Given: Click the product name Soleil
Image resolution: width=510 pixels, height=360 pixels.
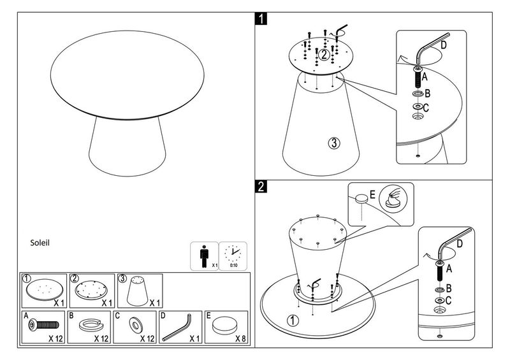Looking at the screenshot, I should (40, 243).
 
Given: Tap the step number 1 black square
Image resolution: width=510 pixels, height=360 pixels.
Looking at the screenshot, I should (261, 17).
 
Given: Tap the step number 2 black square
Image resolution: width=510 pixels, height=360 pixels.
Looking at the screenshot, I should (261, 187).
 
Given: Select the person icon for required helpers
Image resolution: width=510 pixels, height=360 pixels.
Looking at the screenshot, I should (204, 256).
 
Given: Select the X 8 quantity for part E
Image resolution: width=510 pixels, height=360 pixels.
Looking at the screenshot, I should (240, 338).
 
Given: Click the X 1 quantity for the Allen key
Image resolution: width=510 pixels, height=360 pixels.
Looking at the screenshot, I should (193, 338).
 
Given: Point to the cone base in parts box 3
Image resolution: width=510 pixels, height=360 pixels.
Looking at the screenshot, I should (139, 292).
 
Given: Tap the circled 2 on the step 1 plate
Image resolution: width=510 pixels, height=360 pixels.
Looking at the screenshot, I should (324, 55).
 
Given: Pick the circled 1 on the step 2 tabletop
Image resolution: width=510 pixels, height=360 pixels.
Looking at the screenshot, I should (291, 320).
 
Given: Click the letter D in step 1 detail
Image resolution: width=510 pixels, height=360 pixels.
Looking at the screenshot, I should (443, 46).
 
